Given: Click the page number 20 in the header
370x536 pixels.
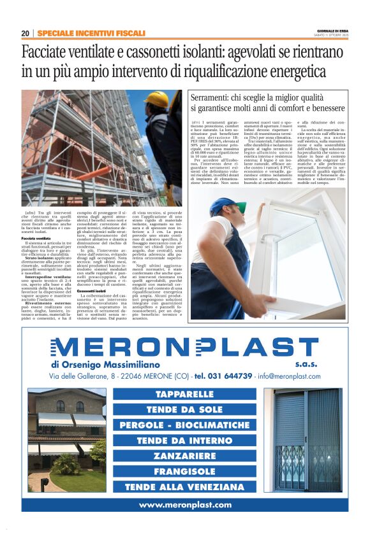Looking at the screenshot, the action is [x=26, y=33].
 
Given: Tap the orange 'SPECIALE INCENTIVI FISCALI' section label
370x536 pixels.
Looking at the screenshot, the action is [x=91, y=33].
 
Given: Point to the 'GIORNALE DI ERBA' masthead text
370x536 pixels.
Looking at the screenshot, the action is [x=332, y=31].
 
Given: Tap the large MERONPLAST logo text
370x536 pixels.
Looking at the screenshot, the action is [x=184, y=348].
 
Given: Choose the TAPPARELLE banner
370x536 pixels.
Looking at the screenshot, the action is [x=185, y=395].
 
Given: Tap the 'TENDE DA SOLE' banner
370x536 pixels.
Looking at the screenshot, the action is [x=185, y=410].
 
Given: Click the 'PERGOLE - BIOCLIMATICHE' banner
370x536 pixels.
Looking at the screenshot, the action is [x=185, y=425].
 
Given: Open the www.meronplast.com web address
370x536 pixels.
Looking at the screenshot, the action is [x=185, y=505].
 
